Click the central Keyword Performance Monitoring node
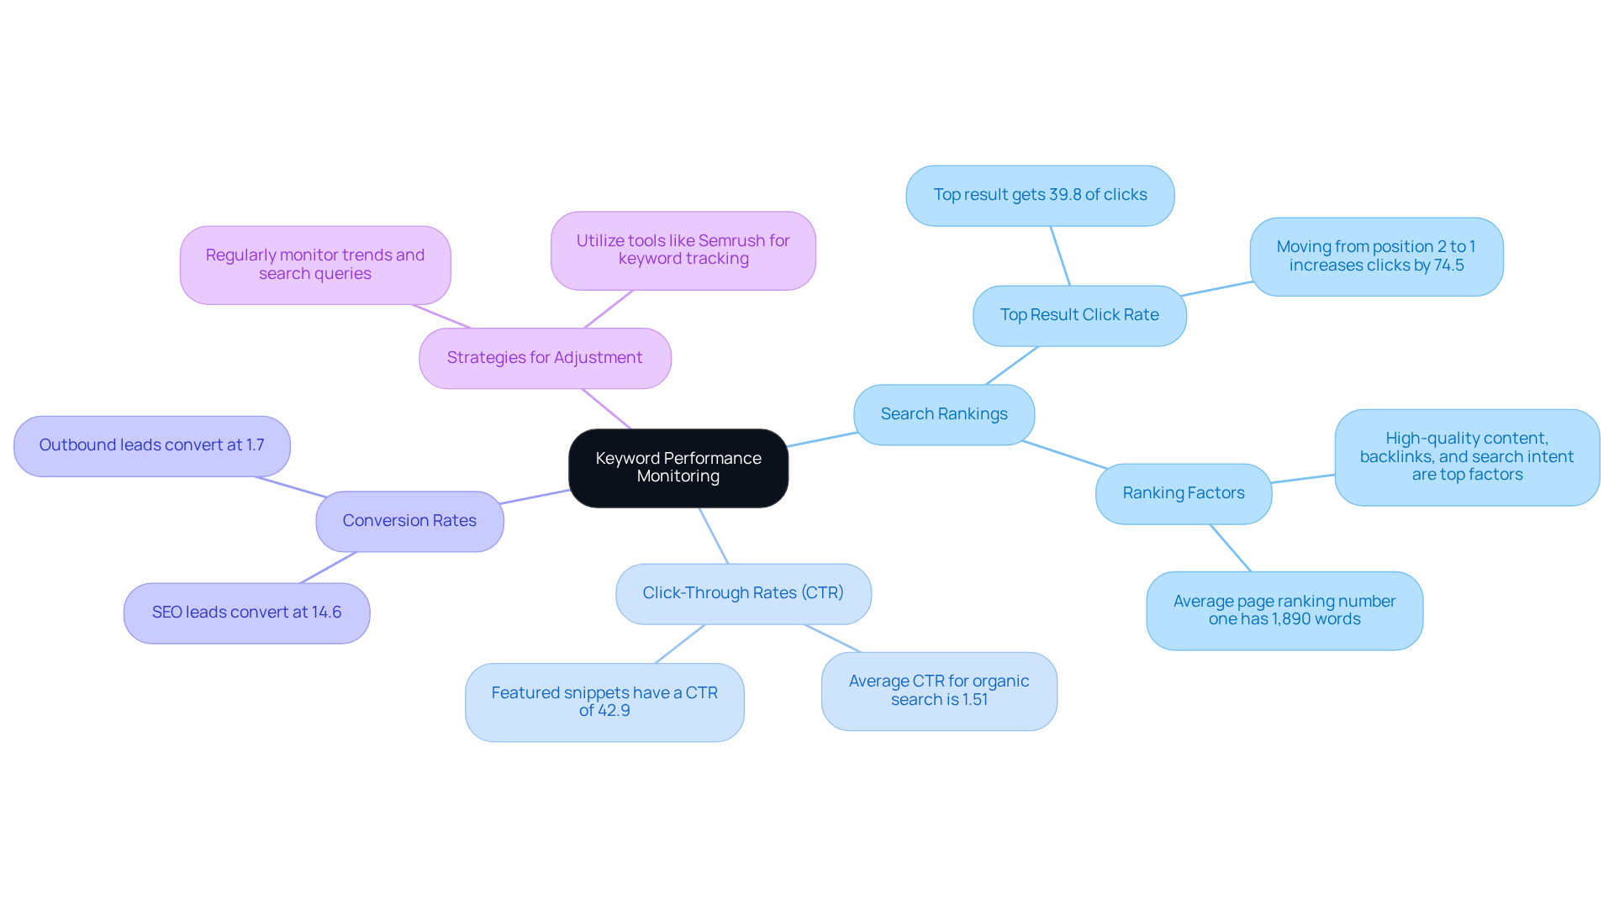tap(678, 468)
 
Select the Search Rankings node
tap(944, 414)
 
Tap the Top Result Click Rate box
tap(1079, 315)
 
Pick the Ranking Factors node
tap(1184, 493)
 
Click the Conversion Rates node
tap(409, 521)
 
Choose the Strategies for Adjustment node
tap(545, 358)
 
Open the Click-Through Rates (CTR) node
tap(743, 593)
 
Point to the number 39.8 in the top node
tap(1065, 195)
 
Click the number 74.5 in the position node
tap(1449, 266)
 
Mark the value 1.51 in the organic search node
tap(975, 700)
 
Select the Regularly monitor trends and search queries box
tap(315, 265)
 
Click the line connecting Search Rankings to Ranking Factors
tap(1065, 455)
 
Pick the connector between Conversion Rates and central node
tap(535, 497)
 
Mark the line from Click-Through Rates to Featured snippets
tap(679, 644)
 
